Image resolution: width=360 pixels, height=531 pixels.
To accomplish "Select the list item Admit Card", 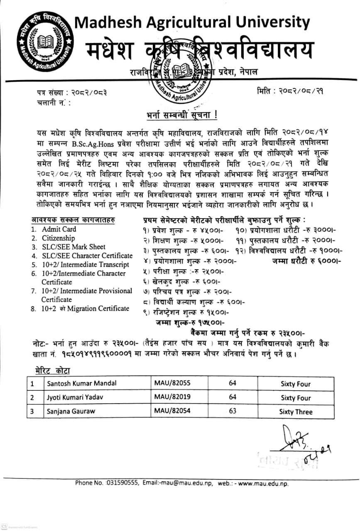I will coord(59,229).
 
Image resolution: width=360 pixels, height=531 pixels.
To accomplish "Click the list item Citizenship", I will coord(58,238).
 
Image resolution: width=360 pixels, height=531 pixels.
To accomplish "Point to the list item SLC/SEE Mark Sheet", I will coord(73,247).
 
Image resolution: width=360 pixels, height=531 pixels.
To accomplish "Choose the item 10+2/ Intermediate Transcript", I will coord(85,264).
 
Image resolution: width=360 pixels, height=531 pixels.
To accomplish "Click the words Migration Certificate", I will coord(98,308).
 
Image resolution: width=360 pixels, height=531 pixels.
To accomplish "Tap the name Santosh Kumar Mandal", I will coord(81,384).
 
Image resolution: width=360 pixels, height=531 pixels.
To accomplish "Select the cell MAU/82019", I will coord(172,397).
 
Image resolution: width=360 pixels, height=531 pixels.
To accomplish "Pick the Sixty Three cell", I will coord(296,412).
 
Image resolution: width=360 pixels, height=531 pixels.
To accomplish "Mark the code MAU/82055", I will coord(172,383).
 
